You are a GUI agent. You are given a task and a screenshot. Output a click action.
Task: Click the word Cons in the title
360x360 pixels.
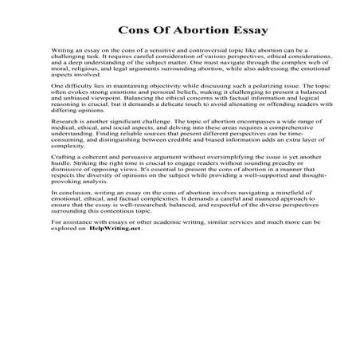coord(134,31)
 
